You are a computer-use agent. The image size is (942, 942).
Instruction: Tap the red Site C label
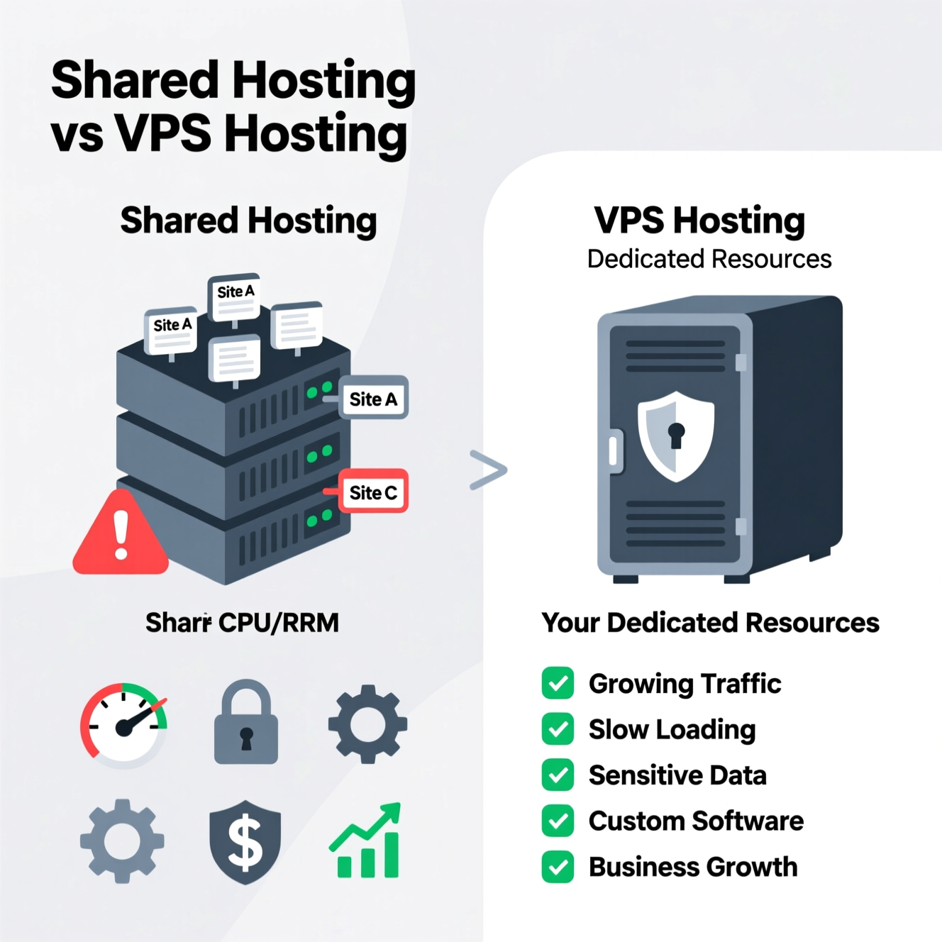pyautogui.click(x=373, y=492)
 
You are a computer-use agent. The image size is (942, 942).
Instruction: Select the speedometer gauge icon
pyautogui.click(x=123, y=725)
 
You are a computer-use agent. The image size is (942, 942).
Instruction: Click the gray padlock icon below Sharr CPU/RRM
pyautogui.click(x=246, y=724)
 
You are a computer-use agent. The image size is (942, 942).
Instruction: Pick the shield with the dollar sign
pyautogui.click(x=245, y=842)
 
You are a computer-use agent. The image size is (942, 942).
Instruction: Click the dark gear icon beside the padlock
pyautogui.click(x=367, y=724)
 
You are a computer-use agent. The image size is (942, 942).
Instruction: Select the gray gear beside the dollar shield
pyautogui.click(x=122, y=841)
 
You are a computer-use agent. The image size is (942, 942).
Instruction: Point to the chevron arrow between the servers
pyautogui.click(x=488, y=470)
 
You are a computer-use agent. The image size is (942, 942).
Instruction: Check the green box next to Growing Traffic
pyautogui.click(x=558, y=683)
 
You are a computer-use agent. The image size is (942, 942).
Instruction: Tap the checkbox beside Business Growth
pyautogui.click(x=558, y=867)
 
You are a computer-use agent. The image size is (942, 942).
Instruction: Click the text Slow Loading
pyautogui.click(x=672, y=729)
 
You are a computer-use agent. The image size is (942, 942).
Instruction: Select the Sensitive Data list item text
pyautogui.click(x=677, y=775)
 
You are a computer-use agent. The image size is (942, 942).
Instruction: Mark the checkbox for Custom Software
pyautogui.click(x=558, y=821)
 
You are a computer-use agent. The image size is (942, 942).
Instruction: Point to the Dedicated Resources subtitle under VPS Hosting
pyautogui.click(x=709, y=259)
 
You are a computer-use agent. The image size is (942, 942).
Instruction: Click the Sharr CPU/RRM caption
pyautogui.click(x=242, y=623)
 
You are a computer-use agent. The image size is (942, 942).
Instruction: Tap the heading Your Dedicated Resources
pyautogui.click(x=710, y=623)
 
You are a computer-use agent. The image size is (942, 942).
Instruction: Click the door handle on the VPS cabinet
pyautogui.click(x=614, y=451)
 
